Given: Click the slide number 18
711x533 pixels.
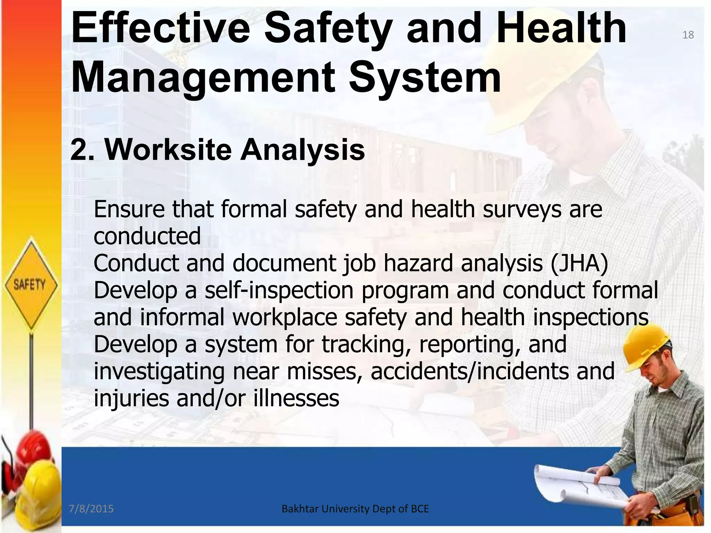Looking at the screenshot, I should [x=688, y=35].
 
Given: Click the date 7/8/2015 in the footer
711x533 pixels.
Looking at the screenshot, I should [x=91, y=509].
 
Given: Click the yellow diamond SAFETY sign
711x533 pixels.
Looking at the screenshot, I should [x=30, y=285].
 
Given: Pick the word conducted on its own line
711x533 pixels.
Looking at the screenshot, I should [x=147, y=236].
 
